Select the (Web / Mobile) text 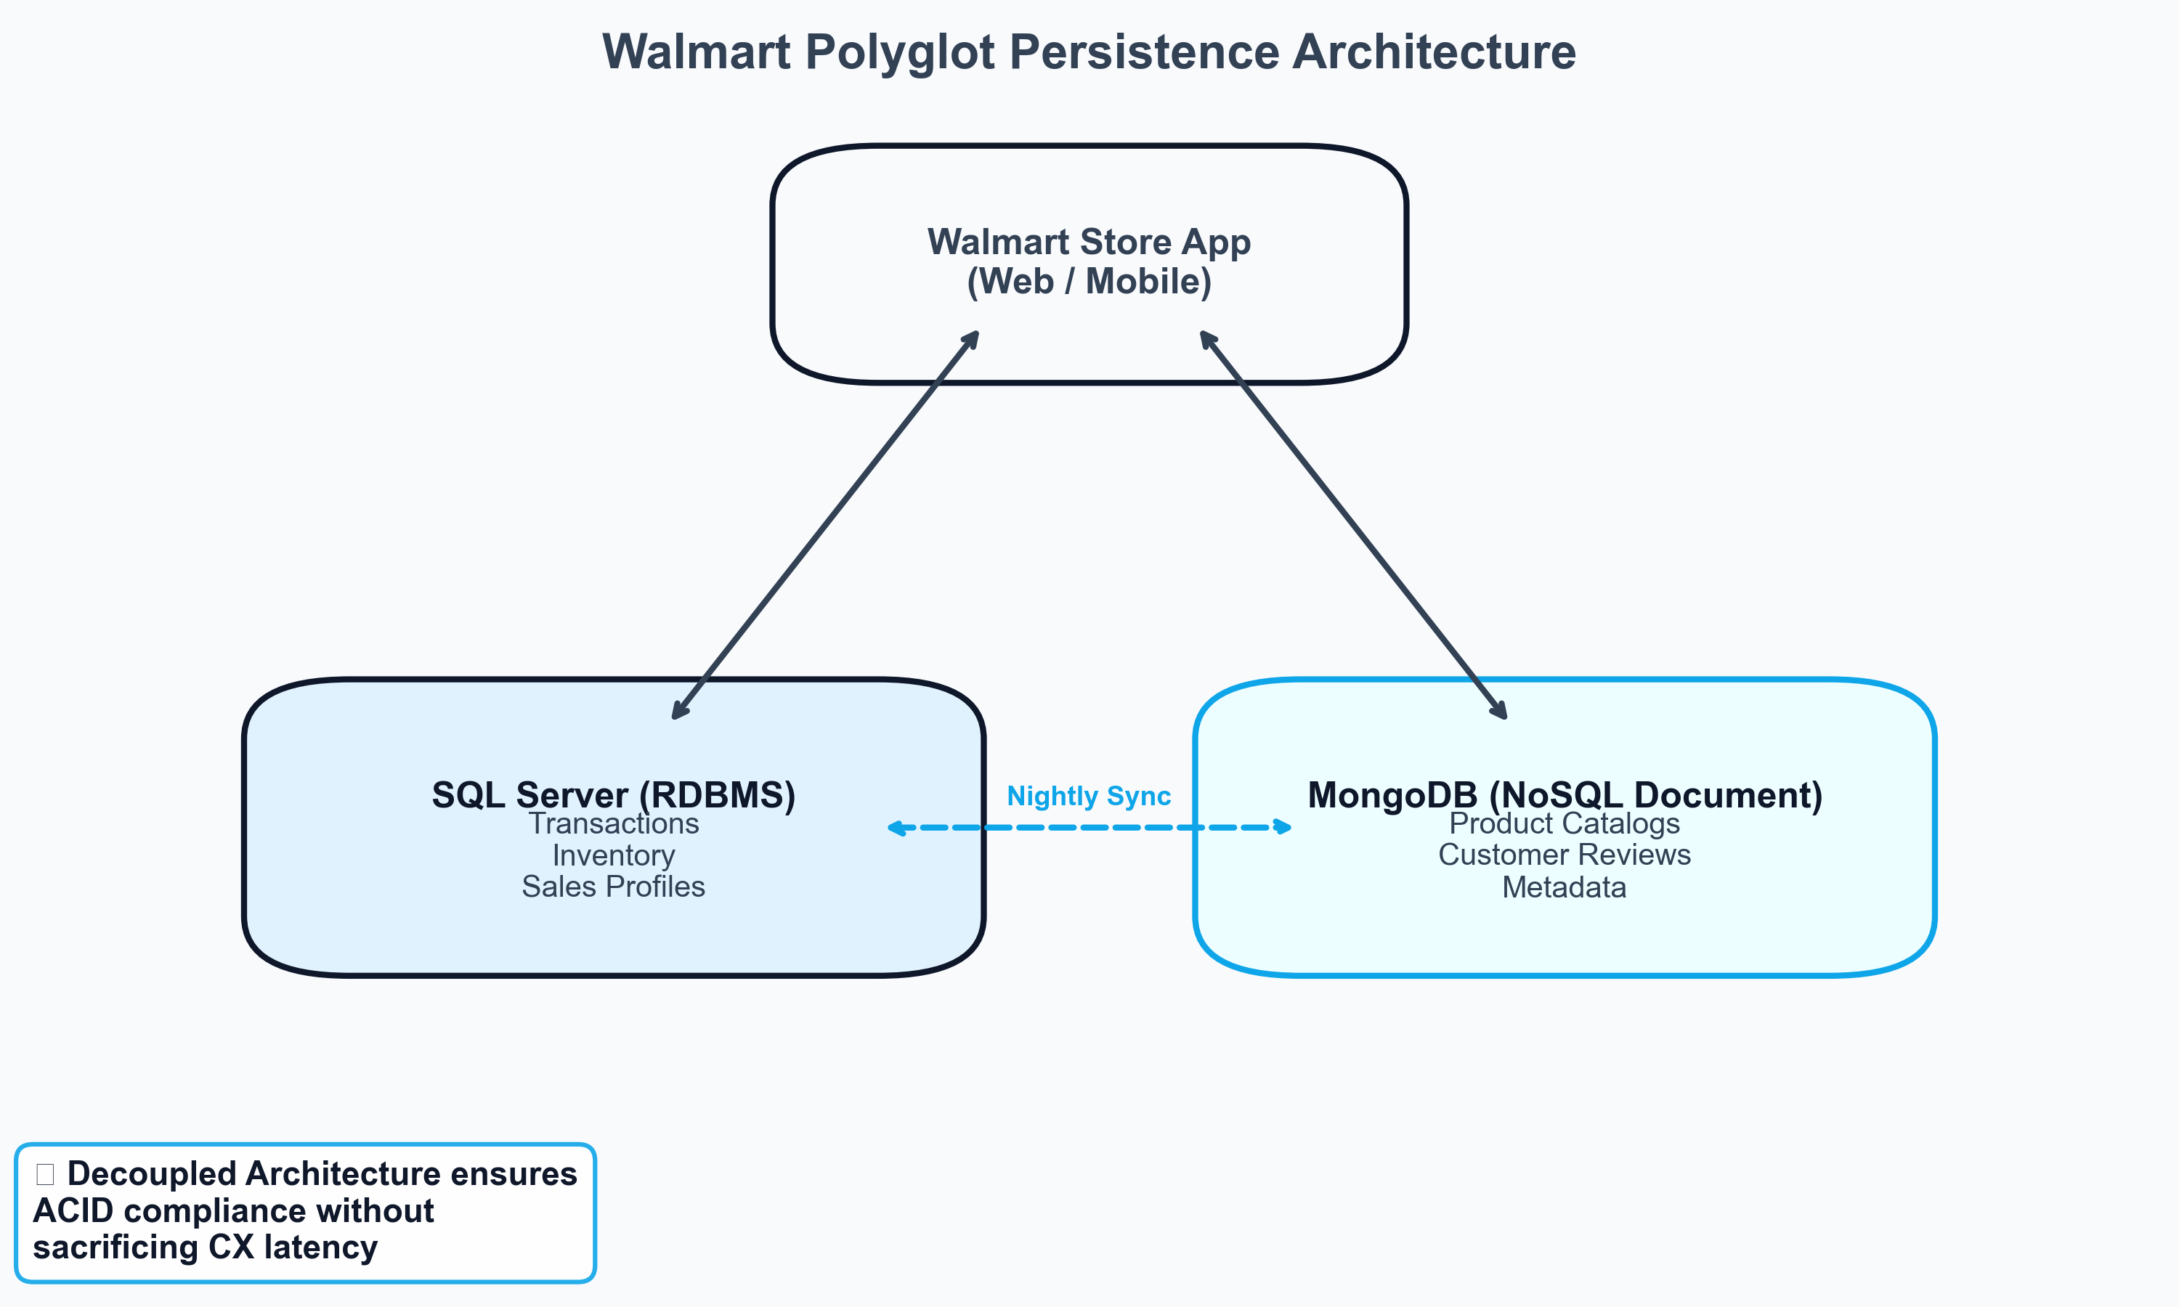point(1089,282)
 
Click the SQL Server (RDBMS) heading point(613,794)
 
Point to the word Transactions point(613,823)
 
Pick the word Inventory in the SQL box point(613,855)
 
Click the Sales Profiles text point(613,886)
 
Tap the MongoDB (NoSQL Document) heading point(1565,794)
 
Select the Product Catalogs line point(1565,823)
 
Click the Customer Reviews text point(1565,855)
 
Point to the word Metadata point(1565,887)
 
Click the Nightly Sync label point(1089,795)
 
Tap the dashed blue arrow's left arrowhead point(896,828)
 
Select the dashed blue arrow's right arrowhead point(1284,827)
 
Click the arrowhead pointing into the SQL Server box point(678,712)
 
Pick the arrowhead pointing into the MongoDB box point(1501,712)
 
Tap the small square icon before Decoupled point(45,1174)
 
